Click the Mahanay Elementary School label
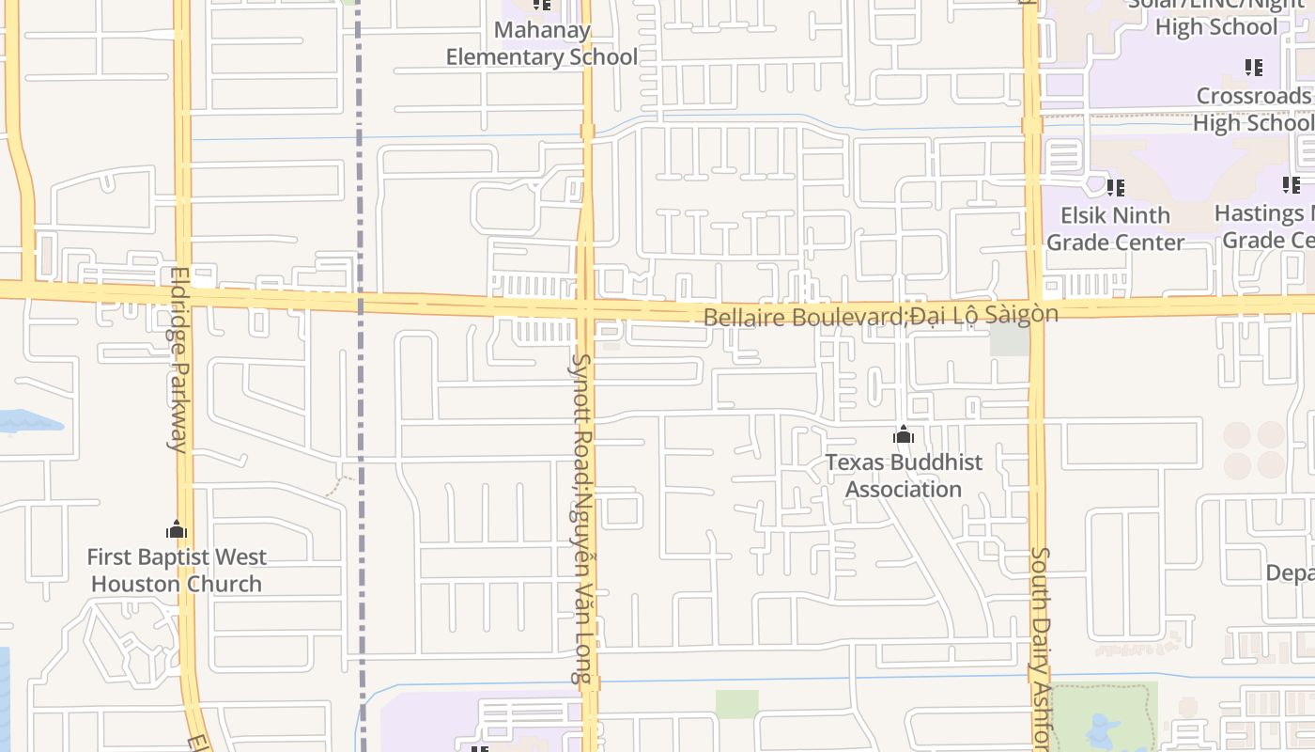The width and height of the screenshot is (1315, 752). [541, 43]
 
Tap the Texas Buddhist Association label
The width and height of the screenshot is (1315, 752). [904, 476]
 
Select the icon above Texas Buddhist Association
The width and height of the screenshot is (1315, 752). [904, 435]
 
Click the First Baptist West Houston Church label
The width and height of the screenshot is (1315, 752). [177, 571]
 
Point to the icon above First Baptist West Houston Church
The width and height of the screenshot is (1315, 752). [177, 530]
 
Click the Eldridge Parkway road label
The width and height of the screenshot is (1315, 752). [178, 359]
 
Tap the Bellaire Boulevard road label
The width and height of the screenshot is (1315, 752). [880, 315]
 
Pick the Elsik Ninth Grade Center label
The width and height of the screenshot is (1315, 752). [1115, 228]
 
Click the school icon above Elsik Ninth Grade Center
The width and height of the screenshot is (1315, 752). [1115, 188]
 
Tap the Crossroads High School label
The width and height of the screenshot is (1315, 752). [1253, 109]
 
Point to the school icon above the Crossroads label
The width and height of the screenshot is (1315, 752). [1253, 68]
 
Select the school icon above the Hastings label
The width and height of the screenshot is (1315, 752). [1292, 186]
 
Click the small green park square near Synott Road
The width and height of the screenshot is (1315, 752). [736, 704]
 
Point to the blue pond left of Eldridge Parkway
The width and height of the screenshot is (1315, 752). [28, 421]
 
